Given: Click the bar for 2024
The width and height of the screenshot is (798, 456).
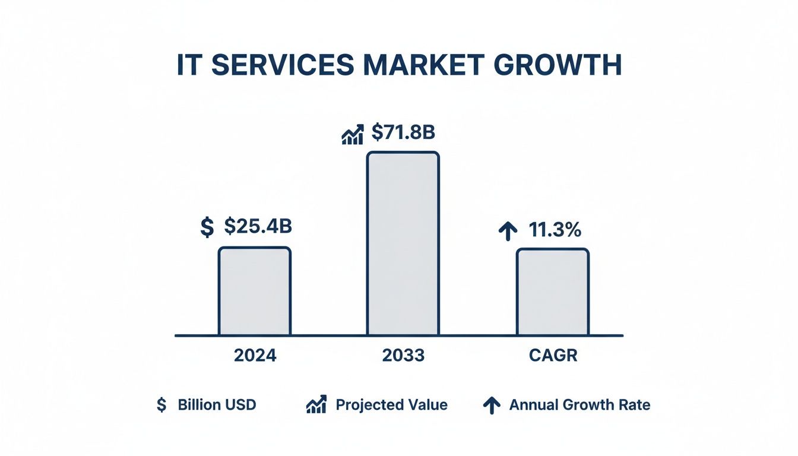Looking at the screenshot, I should click(254, 291).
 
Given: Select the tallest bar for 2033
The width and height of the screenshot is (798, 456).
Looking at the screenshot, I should click(403, 243).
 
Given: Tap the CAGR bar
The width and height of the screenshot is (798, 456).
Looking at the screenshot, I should click(552, 292).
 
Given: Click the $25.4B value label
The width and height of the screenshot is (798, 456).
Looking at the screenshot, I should click(258, 226).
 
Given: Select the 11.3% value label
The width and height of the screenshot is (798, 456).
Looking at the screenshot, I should click(555, 230).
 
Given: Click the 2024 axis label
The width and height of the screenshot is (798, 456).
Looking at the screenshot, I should click(255, 355).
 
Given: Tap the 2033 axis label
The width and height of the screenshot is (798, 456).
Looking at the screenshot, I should click(403, 355).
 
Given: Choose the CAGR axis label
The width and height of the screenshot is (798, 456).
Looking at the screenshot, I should click(552, 355).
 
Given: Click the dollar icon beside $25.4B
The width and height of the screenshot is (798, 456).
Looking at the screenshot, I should click(207, 227).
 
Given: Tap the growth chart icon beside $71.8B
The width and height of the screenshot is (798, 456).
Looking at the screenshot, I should click(353, 135).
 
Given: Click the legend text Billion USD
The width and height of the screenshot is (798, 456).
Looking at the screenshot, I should click(217, 405).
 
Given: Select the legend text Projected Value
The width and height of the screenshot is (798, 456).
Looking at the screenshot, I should click(391, 405).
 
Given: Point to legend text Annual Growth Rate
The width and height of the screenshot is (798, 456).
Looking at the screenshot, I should click(579, 405).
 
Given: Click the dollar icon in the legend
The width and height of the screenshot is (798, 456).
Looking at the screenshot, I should click(161, 405).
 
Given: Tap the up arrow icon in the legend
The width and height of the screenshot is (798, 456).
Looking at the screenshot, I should click(490, 406).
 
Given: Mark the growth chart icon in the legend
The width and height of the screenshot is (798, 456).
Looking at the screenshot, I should click(316, 405).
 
